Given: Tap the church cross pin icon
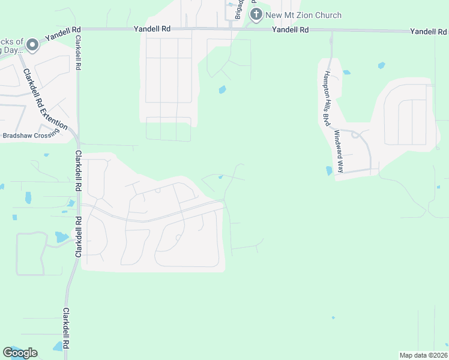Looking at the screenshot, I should point(256,14).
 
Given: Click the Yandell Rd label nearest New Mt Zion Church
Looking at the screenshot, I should point(290,29).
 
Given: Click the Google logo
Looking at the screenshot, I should point(20,353).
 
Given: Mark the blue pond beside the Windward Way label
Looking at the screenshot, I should point(328,171).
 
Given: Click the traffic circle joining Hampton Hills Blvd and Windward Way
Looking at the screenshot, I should point(355,135).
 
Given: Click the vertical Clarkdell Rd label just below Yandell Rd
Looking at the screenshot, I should point(77,53).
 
